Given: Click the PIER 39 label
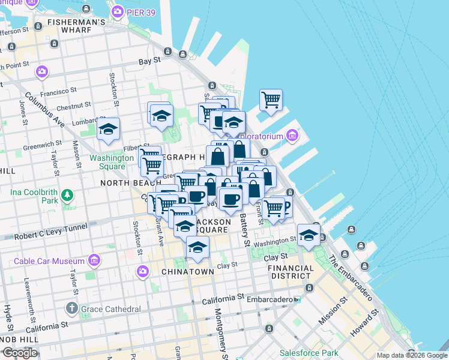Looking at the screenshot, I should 143,11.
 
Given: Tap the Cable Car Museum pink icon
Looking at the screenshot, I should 94,260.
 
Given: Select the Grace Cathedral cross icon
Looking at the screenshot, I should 72,309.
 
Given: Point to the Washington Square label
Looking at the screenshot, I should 112,162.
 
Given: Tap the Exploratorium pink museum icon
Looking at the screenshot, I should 292,136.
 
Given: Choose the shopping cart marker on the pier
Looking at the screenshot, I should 271,100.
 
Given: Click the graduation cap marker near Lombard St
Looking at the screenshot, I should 109,129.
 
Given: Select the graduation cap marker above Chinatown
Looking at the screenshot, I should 197,247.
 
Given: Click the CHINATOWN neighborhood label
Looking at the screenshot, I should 188,272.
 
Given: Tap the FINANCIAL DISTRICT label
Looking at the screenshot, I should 290,272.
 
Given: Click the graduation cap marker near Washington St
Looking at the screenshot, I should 309,236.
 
